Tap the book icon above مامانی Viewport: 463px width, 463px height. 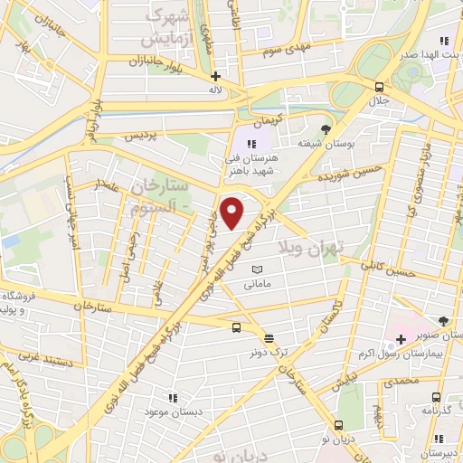pyautogui.click(x=257, y=269)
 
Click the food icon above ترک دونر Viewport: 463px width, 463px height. pyautogui.click(x=269, y=337)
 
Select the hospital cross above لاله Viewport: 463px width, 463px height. pyautogui.click(x=215, y=77)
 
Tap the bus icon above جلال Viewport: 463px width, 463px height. pyautogui.click(x=379, y=87)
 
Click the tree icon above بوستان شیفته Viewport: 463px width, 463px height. pyautogui.click(x=326, y=128)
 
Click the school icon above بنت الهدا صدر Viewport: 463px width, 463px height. pyautogui.click(x=443, y=41)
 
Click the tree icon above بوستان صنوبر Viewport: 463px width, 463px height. pyautogui.click(x=443, y=320)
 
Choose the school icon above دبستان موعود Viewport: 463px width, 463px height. pyautogui.click(x=172, y=398)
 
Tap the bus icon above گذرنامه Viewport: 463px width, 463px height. pyautogui.click(x=437, y=397)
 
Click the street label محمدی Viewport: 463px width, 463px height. pyautogui.click(x=402, y=382)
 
